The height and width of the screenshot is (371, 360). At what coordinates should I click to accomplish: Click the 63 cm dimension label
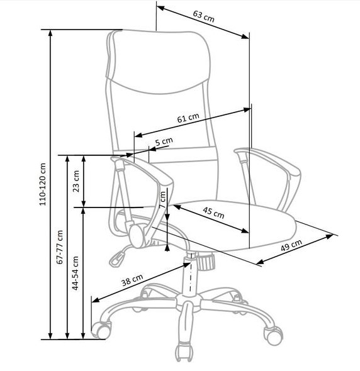203,16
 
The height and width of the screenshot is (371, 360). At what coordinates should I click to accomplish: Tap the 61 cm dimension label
188,118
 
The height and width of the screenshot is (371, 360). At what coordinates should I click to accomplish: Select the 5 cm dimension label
164,141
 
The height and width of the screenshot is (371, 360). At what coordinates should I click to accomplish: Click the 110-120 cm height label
43,184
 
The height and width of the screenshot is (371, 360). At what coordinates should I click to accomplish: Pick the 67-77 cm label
60,246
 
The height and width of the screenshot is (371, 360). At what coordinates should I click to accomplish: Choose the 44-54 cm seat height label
76,273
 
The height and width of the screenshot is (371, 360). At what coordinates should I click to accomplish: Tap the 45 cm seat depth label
213,213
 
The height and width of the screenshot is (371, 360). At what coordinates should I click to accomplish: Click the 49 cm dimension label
291,245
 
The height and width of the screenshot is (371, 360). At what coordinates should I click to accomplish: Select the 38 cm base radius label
132,280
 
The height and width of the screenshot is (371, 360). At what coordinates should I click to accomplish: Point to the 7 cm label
163,199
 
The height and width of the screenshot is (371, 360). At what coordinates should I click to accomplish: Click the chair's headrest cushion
158,62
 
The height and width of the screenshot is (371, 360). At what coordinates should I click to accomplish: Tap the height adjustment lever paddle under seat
117,259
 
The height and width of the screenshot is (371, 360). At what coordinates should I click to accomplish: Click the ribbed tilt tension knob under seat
206,262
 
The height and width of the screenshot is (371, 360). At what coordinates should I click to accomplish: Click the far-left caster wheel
101,329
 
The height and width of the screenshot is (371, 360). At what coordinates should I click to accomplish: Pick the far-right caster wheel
274,335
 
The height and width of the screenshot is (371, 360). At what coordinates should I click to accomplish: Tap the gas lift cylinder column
190,274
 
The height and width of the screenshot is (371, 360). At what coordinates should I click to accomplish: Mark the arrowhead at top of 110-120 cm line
50,33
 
